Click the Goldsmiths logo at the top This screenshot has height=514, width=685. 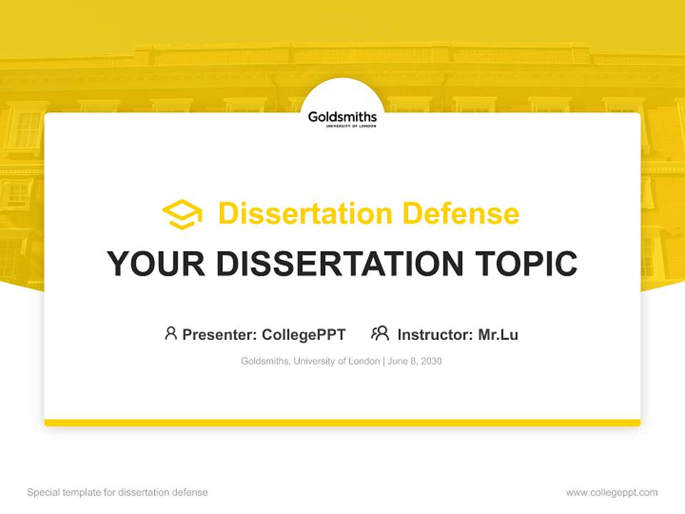[x=342, y=117]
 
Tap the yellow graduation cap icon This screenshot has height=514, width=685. [x=182, y=214]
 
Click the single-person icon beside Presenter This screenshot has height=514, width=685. [x=171, y=333]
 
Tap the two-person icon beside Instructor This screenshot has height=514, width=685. [x=380, y=333]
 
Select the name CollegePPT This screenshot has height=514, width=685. [x=304, y=335]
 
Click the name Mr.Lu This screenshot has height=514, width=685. [x=498, y=335]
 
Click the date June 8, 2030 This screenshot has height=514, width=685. [x=415, y=361]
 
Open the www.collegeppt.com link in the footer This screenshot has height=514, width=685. [x=612, y=493]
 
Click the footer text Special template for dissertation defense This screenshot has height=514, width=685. [x=118, y=493]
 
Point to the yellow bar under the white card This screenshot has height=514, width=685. [x=342, y=423]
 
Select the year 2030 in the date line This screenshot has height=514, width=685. [x=431, y=361]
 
